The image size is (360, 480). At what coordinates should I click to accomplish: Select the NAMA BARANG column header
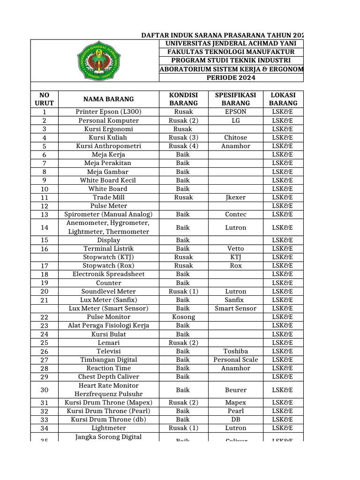pos(108,99)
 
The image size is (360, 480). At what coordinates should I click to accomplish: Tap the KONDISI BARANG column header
pos(183,99)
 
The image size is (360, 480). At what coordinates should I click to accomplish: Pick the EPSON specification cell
pos(235,112)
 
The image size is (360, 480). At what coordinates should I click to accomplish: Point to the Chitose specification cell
pos(235,138)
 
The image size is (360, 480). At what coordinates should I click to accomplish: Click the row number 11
pos(44,198)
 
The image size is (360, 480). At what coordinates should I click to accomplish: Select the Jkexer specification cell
pos(235,197)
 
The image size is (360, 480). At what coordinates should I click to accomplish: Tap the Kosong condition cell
pos(183,317)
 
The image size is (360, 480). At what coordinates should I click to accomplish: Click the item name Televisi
pos(108,351)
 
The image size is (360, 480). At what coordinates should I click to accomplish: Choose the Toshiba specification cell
pos(235,351)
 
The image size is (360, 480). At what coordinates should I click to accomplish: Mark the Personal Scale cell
pos(235,360)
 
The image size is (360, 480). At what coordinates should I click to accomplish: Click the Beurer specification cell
pos(235,390)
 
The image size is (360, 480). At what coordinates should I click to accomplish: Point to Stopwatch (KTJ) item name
pos(108,257)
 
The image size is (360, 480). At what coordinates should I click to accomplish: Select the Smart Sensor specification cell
pos(235,308)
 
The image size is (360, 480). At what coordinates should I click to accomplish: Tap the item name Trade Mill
pos(108,197)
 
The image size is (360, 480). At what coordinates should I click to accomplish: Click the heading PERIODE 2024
pos(232,78)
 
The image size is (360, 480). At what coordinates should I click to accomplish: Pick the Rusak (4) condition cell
pos(183,146)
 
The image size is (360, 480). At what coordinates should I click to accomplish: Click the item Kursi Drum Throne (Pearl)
pos(108,411)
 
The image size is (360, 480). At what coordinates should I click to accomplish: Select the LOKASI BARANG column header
pos(283,99)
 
